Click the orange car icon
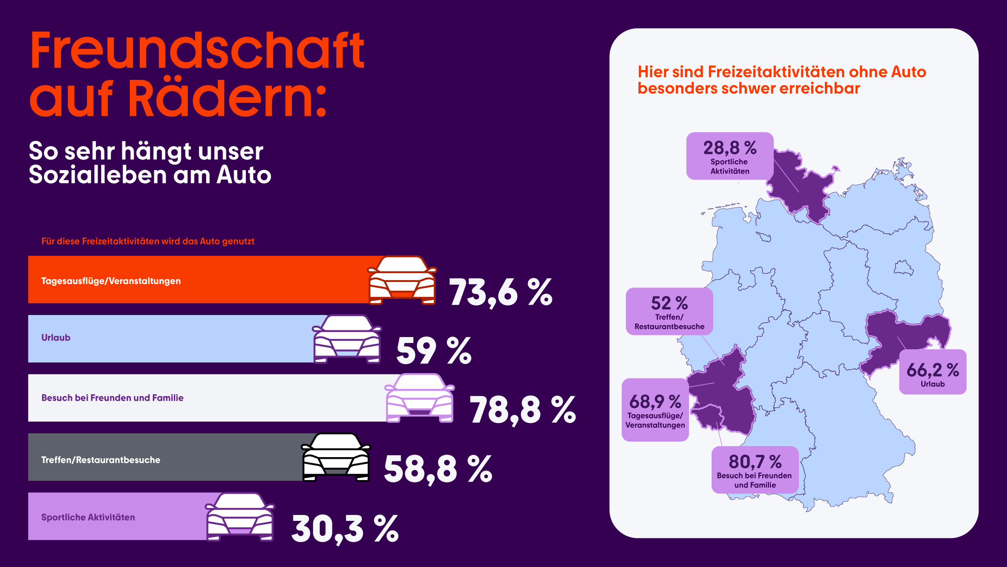[x=402, y=281]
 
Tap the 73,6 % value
[x=500, y=293]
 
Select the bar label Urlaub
[x=56, y=338]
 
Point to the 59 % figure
[x=433, y=350]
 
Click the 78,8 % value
[x=522, y=410]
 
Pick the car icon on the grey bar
[x=336, y=458]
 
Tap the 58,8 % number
[x=437, y=469]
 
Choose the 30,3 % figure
[x=345, y=529]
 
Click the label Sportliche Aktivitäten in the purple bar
[x=88, y=517]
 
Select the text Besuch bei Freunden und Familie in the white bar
[x=113, y=398]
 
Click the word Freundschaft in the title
[x=197, y=51]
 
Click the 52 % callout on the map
[x=669, y=311]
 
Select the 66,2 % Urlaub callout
[x=933, y=372]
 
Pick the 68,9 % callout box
[x=655, y=410]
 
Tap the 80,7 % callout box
[x=755, y=470]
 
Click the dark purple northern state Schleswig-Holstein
[x=802, y=185]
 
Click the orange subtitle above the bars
[x=148, y=241]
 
